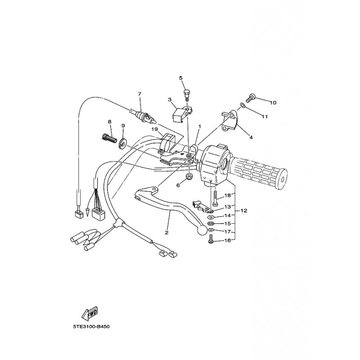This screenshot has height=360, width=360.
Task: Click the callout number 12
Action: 244,210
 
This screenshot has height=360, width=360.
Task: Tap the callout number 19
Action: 154,130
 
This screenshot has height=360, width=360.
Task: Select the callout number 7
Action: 139,94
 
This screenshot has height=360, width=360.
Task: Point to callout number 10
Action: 273,103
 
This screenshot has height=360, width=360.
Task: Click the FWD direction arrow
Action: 90,313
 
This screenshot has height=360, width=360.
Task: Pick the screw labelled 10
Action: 250,98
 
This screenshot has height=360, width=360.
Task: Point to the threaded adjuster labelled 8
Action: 108,138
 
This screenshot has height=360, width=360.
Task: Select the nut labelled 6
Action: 189,176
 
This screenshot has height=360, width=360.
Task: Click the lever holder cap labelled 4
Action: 229,121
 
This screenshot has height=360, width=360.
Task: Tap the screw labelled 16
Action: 210,239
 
